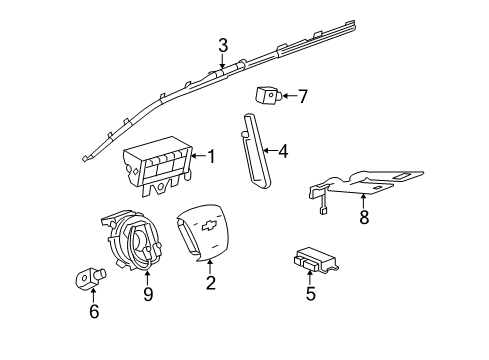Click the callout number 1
tap(211, 156)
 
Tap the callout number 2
tap(211, 284)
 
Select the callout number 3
tap(223, 45)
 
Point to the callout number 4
tap(283, 152)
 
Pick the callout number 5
tap(311, 294)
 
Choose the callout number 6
tap(95, 312)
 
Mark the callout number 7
tap(303, 96)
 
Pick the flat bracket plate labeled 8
tap(370, 181)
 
